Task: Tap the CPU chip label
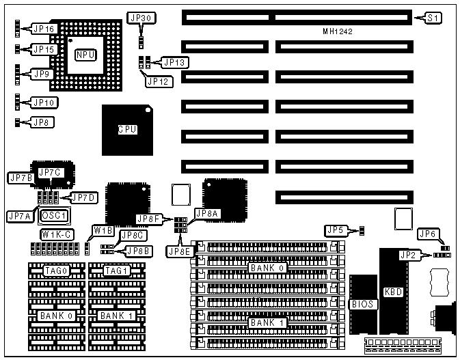tap(126, 129)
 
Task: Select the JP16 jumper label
tap(43, 29)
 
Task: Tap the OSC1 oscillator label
tap(55, 215)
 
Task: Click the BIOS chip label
tap(362, 303)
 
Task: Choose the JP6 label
tap(428, 234)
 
